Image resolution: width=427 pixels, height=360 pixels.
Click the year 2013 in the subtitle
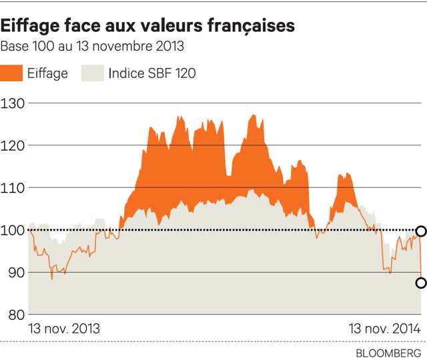(169, 47)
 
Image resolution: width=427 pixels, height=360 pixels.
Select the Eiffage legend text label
(48, 73)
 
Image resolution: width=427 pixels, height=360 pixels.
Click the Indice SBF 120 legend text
(152, 73)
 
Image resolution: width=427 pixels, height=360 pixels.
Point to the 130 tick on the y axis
(13, 103)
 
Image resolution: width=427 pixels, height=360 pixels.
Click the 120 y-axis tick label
(13, 145)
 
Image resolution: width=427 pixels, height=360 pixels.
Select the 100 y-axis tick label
(13, 230)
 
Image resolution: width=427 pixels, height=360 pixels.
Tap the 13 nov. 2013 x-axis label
(64, 329)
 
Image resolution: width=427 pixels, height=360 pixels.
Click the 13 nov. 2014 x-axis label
(385, 329)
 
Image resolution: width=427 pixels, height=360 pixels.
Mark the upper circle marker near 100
(421, 231)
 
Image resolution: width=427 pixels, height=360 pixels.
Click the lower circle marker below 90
(421, 283)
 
